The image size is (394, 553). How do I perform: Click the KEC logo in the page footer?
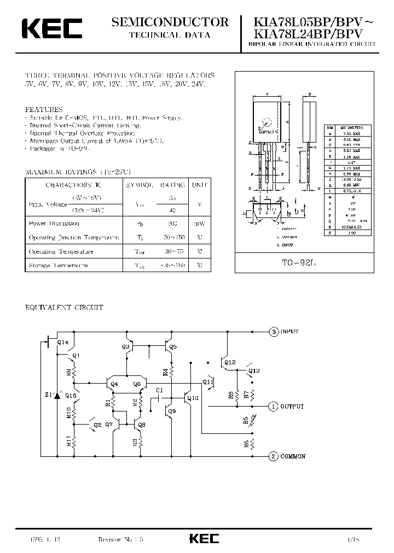click(204, 538)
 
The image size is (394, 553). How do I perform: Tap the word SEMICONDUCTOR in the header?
click(170, 22)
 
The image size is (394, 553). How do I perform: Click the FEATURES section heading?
click(44, 109)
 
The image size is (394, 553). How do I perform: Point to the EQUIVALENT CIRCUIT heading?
click(64, 308)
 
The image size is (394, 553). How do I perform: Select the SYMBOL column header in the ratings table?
click(140, 185)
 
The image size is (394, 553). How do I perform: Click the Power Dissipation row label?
click(54, 223)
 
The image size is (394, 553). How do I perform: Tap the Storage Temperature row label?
click(59, 266)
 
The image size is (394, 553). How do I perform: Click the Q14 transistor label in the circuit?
click(62, 342)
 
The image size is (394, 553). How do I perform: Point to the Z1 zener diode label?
click(48, 395)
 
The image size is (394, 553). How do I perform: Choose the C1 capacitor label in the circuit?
click(159, 390)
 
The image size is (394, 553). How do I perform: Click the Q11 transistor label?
click(208, 382)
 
